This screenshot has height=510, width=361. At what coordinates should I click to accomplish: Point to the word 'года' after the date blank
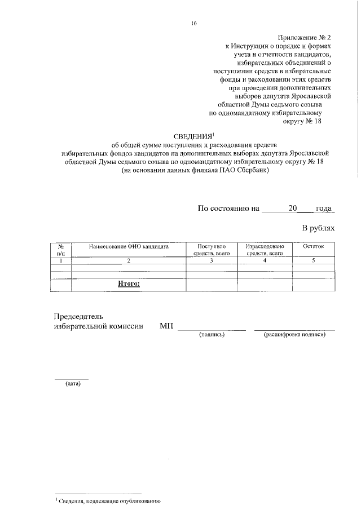(x=325, y=208)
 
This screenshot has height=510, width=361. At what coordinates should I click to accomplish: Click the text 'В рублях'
(x=318, y=228)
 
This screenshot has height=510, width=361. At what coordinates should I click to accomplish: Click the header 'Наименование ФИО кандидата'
(x=129, y=247)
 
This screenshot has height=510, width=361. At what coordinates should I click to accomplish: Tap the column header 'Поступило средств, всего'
(x=211, y=250)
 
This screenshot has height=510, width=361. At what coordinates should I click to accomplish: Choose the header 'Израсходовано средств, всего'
(x=264, y=250)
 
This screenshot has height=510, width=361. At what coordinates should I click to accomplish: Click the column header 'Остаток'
(x=313, y=247)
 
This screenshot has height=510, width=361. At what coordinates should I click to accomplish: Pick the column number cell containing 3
(x=211, y=260)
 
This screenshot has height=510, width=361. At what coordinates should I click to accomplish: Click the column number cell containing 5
(x=313, y=260)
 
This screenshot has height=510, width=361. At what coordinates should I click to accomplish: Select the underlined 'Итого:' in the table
(x=129, y=284)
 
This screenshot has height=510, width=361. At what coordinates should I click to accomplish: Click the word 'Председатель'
(x=78, y=316)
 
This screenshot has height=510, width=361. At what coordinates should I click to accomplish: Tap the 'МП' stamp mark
(x=166, y=326)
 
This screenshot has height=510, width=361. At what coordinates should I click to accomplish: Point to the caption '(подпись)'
(x=212, y=335)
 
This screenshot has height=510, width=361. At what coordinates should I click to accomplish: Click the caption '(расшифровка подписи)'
(x=294, y=335)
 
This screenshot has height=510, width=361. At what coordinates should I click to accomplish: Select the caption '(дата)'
(x=72, y=384)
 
